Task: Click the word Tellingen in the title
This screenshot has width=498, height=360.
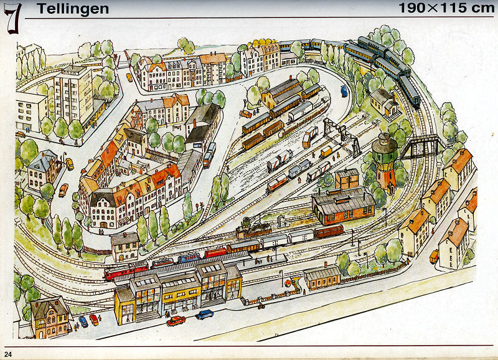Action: [72, 9]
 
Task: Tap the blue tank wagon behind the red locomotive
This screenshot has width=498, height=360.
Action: [189, 257]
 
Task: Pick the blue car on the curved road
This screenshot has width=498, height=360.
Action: [344, 91]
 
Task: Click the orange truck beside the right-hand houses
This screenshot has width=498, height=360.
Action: [434, 255]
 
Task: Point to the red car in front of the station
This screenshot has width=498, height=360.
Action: [176, 321]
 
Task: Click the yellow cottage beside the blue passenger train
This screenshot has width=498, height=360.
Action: [383, 102]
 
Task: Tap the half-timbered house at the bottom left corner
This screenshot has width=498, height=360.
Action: [50, 317]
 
